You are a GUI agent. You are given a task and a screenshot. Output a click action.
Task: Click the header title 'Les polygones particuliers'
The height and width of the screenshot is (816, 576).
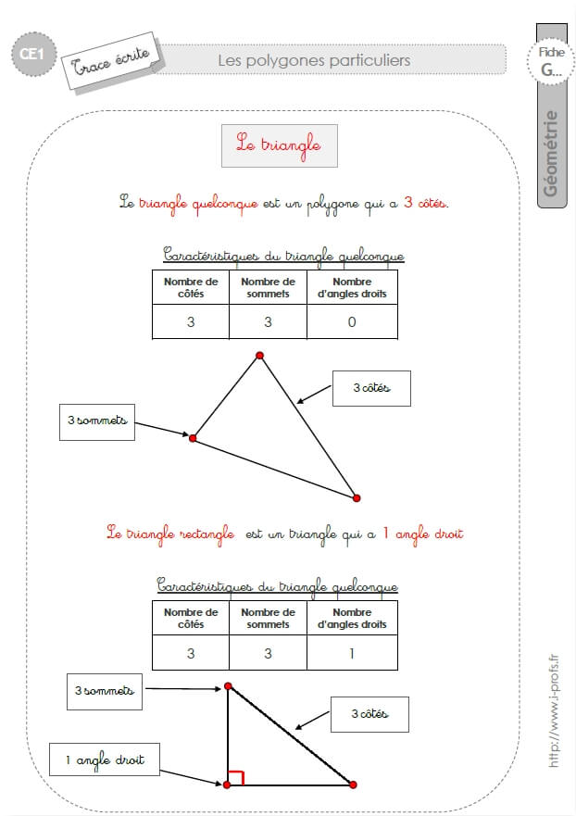pyautogui.click(x=314, y=60)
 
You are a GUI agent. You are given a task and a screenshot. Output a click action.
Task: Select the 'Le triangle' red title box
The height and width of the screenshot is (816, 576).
pyautogui.click(x=280, y=145)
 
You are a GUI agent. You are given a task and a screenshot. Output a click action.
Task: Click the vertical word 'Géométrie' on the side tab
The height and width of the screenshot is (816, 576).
pyautogui.click(x=550, y=154)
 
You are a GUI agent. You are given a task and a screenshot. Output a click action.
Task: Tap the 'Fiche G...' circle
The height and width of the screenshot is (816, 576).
pyautogui.click(x=551, y=61)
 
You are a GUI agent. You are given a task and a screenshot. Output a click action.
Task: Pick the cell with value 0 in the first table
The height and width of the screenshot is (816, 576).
pyautogui.click(x=352, y=321)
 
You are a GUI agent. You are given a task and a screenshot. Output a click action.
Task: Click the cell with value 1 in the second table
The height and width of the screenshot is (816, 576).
pyautogui.click(x=352, y=653)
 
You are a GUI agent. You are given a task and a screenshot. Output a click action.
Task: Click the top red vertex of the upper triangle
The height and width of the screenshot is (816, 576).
pyautogui.click(x=259, y=356)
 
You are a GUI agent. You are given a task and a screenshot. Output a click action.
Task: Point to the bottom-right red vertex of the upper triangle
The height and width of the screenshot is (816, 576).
pyautogui.click(x=357, y=498)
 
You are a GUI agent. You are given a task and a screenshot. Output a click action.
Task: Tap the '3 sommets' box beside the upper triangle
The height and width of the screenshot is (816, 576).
pyautogui.click(x=97, y=422)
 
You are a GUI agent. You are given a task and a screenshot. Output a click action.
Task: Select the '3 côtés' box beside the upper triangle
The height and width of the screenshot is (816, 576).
pyautogui.click(x=371, y=388)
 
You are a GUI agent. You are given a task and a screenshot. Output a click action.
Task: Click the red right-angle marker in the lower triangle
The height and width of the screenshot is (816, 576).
pyautogui.click(x=236, y=776)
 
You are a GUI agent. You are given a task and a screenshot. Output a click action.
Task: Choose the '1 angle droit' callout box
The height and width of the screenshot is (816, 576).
pyautogui.click(x=105, y=760)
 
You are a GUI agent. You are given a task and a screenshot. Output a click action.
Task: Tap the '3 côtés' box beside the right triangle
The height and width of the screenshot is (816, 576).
pyautogui.click(x=369, y=714)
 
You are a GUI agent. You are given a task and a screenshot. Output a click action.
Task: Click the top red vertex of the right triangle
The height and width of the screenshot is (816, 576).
pyautogui.click(x=228, y=686)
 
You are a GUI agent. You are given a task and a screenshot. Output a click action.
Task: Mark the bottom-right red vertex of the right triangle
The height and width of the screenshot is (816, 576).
pyautogui.click(x=353, y=785)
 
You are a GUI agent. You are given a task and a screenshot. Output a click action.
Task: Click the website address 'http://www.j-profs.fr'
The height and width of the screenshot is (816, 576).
pyautogui.click(x=554, y=710)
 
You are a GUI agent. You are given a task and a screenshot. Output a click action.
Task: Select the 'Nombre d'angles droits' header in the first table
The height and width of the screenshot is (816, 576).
pyautogui.click(x=352, y=287)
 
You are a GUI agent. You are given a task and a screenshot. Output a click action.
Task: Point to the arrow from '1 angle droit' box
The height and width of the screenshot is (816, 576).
pyautogui.click(x=191, y=777)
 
